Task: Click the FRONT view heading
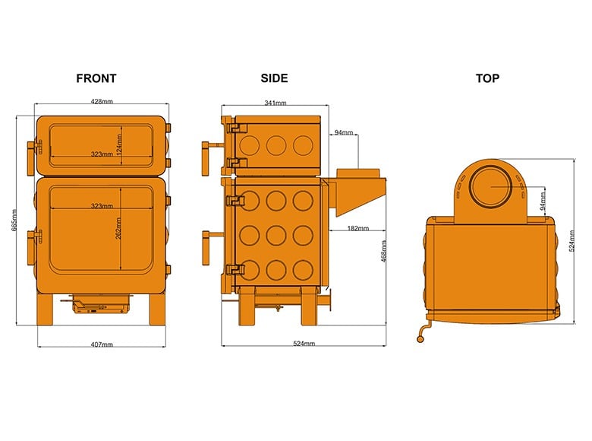tap(96, 78)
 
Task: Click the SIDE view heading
tap(274, 78)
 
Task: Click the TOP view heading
tap(487, 78)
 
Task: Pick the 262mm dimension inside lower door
tap(118, 228)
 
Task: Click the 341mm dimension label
tap(275, 103)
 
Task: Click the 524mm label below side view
tap(304, 344)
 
